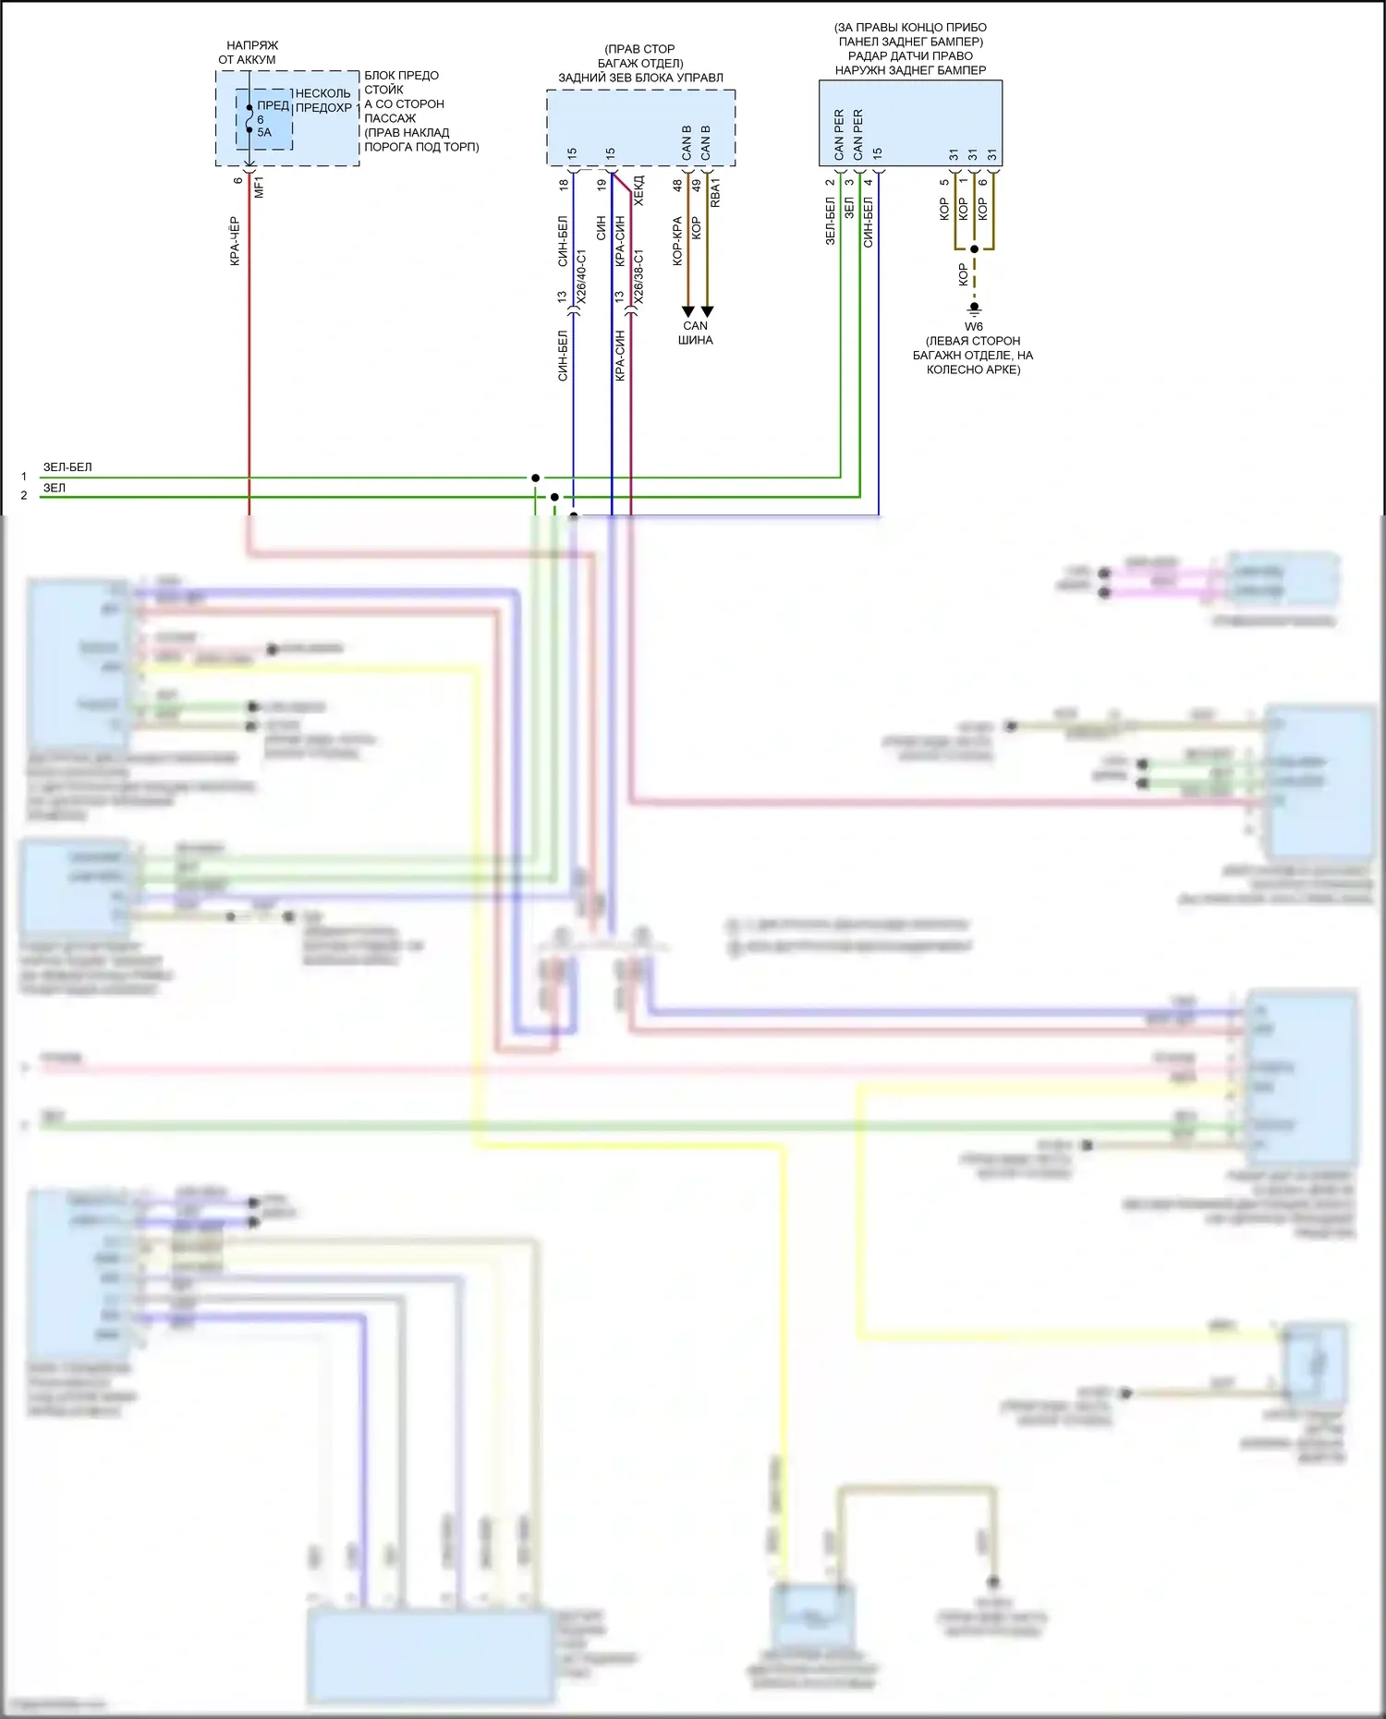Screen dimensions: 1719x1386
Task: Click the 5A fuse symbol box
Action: pos(263,119)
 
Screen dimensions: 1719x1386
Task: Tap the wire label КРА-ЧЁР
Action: pos(235,241)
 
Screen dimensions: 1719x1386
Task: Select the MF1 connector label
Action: pos(259,187)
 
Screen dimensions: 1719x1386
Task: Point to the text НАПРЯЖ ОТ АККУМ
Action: pos(248,53)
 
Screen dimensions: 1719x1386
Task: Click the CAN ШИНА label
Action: pos(696,333)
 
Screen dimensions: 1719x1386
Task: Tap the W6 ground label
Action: pos(974,326)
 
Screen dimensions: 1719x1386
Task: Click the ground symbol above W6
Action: pos(974,308)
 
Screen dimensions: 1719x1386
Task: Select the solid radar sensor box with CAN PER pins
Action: pos(910,124)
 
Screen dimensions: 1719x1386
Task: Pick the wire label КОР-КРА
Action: pos(677,241)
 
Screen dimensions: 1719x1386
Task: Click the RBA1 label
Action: pos(716,193)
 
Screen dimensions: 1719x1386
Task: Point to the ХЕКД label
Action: pos(639,190)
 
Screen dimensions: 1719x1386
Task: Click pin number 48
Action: pos(677,185)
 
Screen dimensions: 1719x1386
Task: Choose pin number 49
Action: pos(697,185)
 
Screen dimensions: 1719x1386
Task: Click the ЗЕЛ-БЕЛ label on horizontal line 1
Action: pos(67,467)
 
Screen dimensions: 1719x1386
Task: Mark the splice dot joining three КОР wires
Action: pos(974,249)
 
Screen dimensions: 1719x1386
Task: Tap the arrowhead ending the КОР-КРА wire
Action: pos(687,311)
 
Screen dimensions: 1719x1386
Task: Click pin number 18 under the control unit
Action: pos(564,185)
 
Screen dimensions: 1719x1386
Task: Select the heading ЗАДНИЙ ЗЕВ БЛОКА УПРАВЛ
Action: pos(640,78)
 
